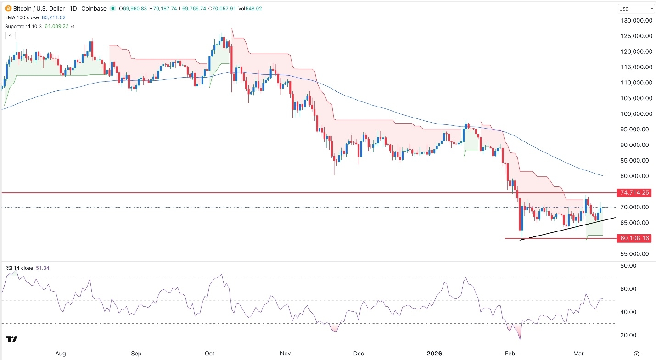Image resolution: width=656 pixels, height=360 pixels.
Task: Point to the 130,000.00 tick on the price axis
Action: coord(636,21)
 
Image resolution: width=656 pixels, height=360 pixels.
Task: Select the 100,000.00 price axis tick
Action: coord(636,114)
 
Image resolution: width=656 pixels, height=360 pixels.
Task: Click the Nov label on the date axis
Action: coord(285,354)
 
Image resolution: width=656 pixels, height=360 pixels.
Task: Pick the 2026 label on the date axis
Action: coord(434,354)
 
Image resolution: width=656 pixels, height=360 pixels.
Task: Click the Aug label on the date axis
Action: coord(61,354)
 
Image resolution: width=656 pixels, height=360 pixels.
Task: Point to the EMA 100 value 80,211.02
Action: coord(54,17)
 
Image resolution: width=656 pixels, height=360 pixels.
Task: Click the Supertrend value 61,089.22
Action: coord(60,26)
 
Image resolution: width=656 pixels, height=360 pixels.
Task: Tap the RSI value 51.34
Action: coord(41,268)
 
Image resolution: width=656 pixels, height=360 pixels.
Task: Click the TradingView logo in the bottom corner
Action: coord(12,339)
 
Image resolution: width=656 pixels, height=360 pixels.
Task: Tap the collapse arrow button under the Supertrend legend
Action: coord(10,35)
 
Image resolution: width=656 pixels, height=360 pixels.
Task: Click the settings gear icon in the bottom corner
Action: coord(637,354)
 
